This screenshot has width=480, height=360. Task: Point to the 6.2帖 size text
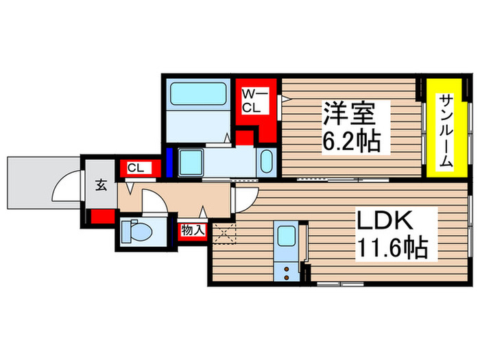(350, 141)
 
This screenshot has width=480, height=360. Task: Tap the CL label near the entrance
(135, 167)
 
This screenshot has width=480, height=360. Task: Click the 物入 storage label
(193, 230)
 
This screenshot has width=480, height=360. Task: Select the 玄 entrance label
(100, 184)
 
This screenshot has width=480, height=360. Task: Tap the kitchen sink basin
(285, 235)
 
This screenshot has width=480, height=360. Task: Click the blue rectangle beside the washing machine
(169, 163)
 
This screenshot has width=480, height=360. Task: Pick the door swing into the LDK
(243, 199)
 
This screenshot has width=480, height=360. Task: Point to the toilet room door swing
(154, 202)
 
